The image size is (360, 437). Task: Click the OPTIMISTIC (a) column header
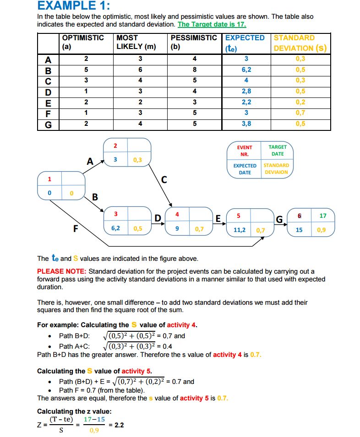coord(82,42)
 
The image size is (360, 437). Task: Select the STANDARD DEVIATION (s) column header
coord(300,43)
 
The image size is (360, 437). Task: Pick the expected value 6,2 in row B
coord(246,70)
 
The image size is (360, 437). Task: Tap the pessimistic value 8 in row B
coord(195,70)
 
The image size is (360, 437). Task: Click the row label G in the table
coord(48,124)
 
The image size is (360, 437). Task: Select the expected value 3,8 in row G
coord(246,124)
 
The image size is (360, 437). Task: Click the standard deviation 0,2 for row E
coord(300,102)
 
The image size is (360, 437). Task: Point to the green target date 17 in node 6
coord(323,216)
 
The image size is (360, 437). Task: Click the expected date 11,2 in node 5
coord(239,230)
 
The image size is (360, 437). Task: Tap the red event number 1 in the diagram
coord(49,178)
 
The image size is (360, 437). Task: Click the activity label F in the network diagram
coord(76,229)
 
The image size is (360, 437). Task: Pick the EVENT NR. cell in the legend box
coord(245,151)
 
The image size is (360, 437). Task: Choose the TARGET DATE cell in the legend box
coord(277,151)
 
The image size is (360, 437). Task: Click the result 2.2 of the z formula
coord(118,425)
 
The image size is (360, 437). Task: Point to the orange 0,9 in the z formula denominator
coord(94,431)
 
